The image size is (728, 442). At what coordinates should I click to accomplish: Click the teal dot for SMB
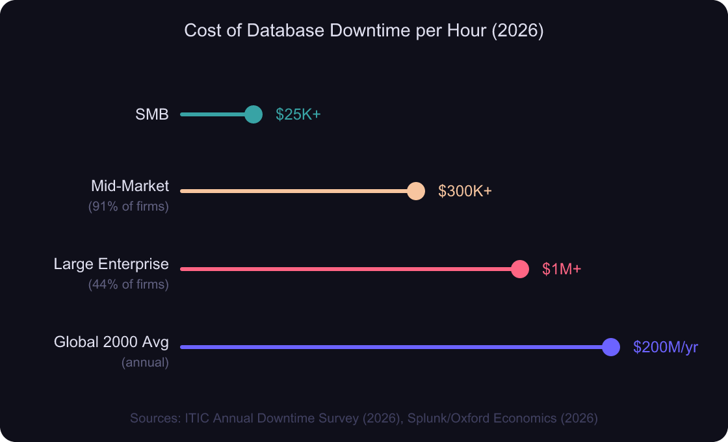(x=253, y=114)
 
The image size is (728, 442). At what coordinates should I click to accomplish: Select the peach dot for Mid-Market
(x=416, y=191)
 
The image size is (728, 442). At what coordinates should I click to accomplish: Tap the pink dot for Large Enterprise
(x=520, y=269)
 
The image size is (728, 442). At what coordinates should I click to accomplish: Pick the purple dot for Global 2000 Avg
(x=611, y=347)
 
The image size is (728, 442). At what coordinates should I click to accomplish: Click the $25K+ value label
(x=298, y=114)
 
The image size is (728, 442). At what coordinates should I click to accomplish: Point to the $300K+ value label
(x=465, y=191)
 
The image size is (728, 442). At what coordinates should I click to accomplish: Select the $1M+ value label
(x=562, y=269)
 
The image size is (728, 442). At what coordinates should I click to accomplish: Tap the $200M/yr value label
(x=665, y=347)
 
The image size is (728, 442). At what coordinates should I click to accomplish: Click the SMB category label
(x=152, y=114)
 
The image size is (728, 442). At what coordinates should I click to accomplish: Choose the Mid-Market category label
(x=130, y=186)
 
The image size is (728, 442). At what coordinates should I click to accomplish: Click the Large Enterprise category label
(x=111, y=264)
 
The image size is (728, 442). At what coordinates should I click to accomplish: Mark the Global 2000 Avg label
(x=111, y=342)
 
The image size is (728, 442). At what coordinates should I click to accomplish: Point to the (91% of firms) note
(x=129, y=207)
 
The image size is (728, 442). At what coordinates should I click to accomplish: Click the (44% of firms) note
(x=129, y=285)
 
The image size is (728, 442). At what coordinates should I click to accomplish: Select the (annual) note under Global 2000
(x=145, y=363)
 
